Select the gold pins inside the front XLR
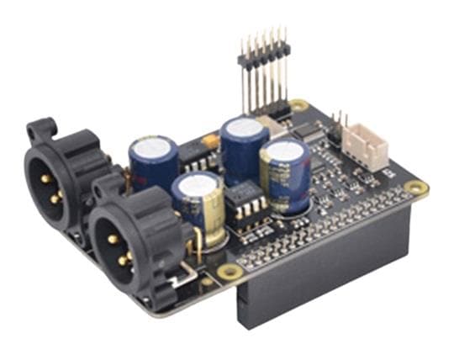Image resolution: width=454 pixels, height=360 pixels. [x=118, y=249]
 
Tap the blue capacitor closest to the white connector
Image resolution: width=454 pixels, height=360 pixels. [x=284, y=172]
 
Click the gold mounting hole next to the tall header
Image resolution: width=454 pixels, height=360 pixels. [x=298, y=107]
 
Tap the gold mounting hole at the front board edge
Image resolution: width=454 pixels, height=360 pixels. [x=228, y=272]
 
